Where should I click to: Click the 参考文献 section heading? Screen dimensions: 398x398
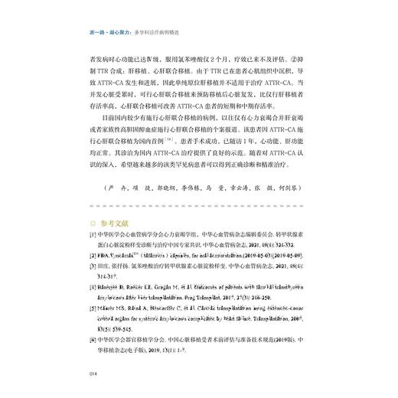(x=113, y=223)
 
